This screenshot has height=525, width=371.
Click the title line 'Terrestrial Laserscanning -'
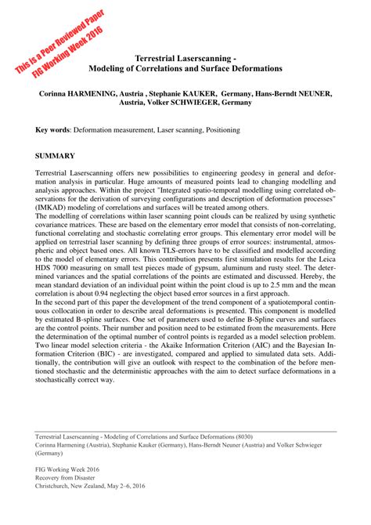pos(185,58)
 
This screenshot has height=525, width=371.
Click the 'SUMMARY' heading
pos(56,155)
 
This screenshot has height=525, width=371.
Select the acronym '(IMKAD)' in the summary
pos(54,207)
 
